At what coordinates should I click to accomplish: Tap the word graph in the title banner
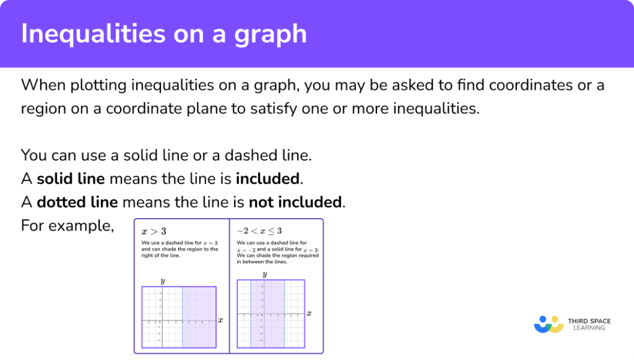pyautogui.click(x=272, y=34)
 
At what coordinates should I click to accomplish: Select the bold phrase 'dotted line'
pyautogui.click(x=78, y=202)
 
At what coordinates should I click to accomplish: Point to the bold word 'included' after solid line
pyautogui.click(x=267, y=179)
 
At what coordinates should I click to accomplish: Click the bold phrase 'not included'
pyautogui.click(x=295, y=202)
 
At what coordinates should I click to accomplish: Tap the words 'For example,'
pyautogui.click(x=67, y=225)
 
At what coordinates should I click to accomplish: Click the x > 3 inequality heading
pyautogui.click(x=154, y=232)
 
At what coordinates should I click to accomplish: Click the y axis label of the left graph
pyautogui.click(x=163, y=281)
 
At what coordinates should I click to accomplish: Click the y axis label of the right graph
pyautogui.click(x=264, y=274)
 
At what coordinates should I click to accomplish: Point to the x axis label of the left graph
pyautogui.click(x=220, y=320)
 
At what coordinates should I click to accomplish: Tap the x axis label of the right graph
pyautogui.click(x=309, y=313)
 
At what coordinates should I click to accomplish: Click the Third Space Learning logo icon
pyautogui.click(x=549, y=323)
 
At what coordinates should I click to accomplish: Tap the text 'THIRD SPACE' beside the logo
pyautogui.click(x=589, y=321)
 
